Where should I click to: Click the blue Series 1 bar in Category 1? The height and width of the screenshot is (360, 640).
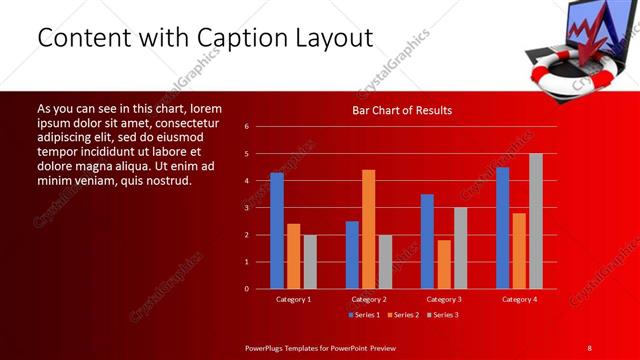coord(277,231)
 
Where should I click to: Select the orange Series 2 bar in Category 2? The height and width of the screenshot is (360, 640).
coord(368,229)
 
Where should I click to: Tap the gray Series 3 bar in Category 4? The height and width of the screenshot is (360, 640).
coord(535,221)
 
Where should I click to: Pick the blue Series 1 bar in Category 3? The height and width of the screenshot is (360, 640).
coord(427,241)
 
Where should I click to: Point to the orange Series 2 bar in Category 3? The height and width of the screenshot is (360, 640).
coord(443,264)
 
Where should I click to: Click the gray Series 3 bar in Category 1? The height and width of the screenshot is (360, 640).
coord(310,261)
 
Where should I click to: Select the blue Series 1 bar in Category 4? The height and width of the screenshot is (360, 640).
coord(502,228)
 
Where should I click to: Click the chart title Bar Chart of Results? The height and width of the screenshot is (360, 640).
coord(401,110)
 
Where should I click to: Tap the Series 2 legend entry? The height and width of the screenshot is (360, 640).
coord(401,315)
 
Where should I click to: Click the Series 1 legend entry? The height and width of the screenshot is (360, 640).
coord(361,315)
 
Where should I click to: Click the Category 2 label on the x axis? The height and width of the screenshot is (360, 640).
coord(368,299)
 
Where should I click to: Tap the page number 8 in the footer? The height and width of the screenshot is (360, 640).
coord(589,347)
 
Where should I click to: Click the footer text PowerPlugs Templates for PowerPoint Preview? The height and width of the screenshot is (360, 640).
coord(320,347)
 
